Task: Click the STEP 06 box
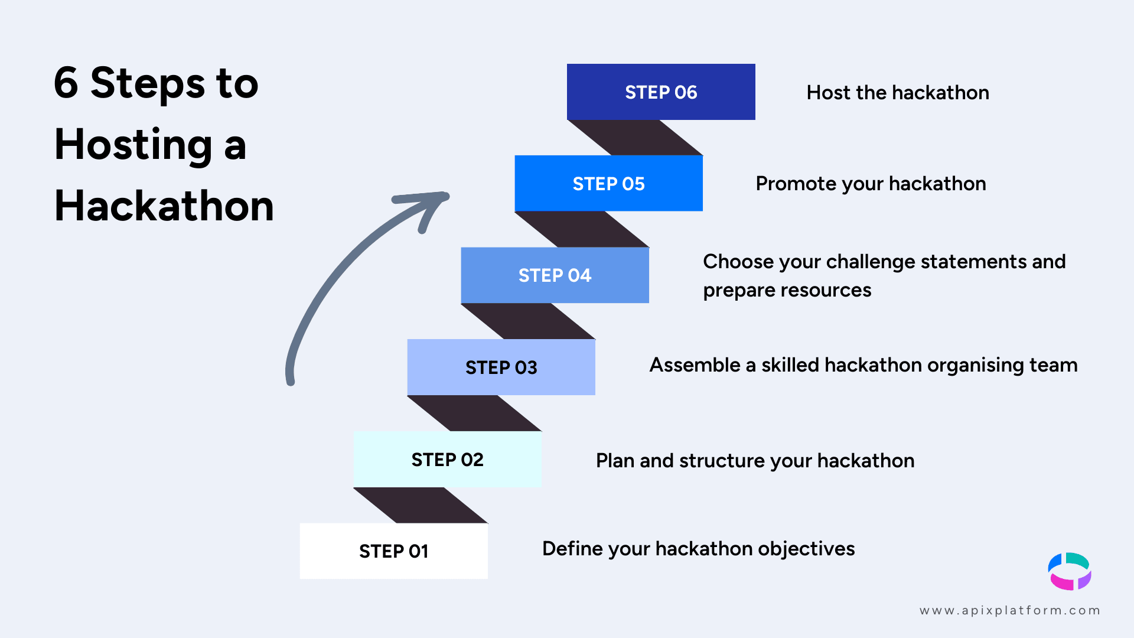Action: coord(661,92)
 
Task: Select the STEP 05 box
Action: coord(608,184)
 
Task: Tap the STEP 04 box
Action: coord(555,275)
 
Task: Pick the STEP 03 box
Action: coord(501,367)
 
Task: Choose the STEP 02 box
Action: coord(447,460)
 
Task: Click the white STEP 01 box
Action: coord(393,551)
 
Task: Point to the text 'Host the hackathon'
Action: coord(897,93)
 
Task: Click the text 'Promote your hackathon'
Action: coord(871,184)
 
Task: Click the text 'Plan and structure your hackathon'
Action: coord(755,461)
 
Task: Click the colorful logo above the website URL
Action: coord(1070,571)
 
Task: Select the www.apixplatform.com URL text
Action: coord(1009,610)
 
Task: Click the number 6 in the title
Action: coord(66,83)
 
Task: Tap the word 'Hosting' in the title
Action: coord(133,145)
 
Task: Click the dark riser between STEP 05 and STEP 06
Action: coord(635,138)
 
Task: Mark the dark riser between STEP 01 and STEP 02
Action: coord(421,505)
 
